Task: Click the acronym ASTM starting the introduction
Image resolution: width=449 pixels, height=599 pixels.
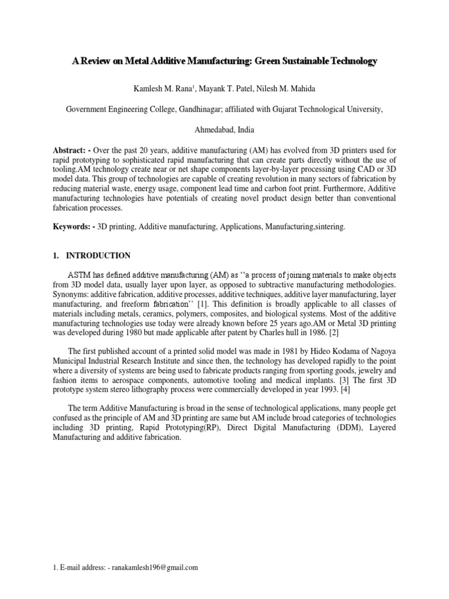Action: click(80, 275)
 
